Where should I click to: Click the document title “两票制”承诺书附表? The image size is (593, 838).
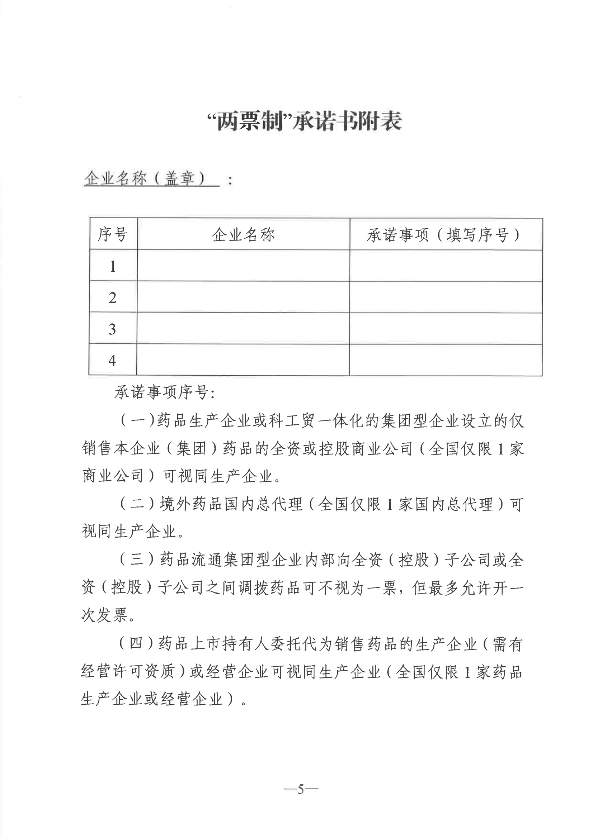pos(304,122)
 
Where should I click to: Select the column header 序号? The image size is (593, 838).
pos(113,234)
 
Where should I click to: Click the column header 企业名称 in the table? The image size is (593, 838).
pos(243,234)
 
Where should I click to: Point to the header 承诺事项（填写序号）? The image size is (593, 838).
pos(443,235)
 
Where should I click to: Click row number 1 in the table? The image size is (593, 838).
pos(113,266)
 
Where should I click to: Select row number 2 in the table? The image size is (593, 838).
pos(113,297)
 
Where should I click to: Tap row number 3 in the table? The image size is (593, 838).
pos(113,329)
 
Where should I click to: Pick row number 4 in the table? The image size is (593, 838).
pos(112,360)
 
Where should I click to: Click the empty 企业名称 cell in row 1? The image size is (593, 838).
pos(243,265)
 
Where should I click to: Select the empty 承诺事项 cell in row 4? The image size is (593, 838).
pos(446,360)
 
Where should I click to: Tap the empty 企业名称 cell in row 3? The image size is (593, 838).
pos(243,328)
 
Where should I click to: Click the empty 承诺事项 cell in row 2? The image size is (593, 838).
pos(446,297)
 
